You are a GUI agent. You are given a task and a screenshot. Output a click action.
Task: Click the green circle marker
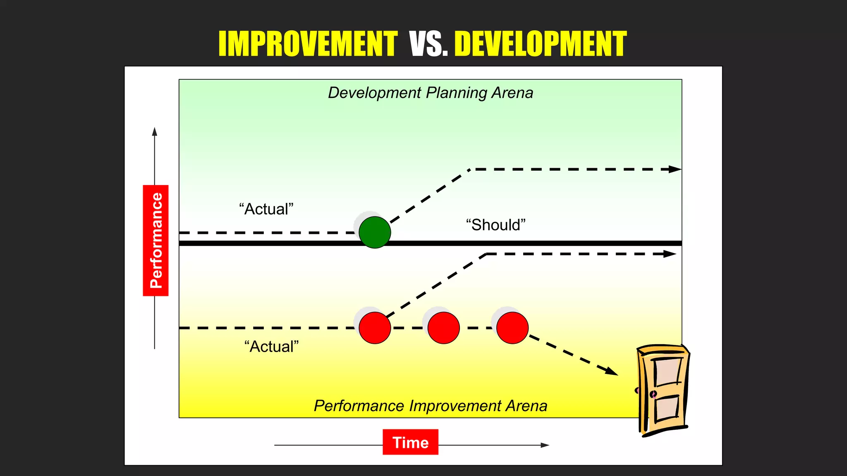pyautogui.click(x=375, y=232)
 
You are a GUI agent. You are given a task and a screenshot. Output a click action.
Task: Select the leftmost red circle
pyautogui.click(x=375, y=328)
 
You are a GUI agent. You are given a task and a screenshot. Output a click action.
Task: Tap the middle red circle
pyautogui.click(x=443, y=328)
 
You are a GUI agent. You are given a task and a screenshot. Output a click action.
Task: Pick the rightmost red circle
pyautogui.click(x=512, y=328)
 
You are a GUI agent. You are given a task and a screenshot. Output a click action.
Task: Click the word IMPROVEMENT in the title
pyautogui.click(x=308, y=44)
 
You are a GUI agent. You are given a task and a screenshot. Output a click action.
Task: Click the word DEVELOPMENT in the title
pyautogui.click(x=540, y=44)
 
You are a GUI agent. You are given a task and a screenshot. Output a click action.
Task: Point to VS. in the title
pyautogui.click(x=428, y=44)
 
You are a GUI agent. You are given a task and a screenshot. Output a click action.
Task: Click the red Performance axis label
pyautogui.click(x=156, y=240)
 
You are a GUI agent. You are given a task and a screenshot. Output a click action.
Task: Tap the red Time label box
pyautogui.click(x=410, y=442)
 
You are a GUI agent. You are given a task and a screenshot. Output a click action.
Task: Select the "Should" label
pyautogui.click(x=495, y=225)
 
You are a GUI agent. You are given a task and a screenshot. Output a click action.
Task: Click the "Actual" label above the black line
pyautogui.click(x=266, y=209)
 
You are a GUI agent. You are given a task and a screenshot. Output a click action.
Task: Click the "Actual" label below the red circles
pyautogui.click(x=271, y=347)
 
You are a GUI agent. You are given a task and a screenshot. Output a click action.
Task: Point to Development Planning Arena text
pyautogui.click(x=430, y=93)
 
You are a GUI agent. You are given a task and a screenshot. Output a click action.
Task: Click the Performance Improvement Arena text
pyautogui.click(x=430, y=406)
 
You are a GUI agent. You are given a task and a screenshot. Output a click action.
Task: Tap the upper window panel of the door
pyautogui.click(x=667, y=371)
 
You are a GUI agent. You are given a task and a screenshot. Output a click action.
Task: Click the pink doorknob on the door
pyautogui.click(x=653, y=394)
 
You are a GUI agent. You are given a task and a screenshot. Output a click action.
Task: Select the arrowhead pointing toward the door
pyautogui.click(x=611, y=371)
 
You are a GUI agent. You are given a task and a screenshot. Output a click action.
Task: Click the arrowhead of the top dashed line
pyautogui.click(x=675, y=169)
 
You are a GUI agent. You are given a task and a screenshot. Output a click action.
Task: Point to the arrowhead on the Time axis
pyautogui.click(x=545, y=445)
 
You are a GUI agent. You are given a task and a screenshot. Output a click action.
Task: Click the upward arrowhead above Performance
pyautogui.click(x=155, y=132)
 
